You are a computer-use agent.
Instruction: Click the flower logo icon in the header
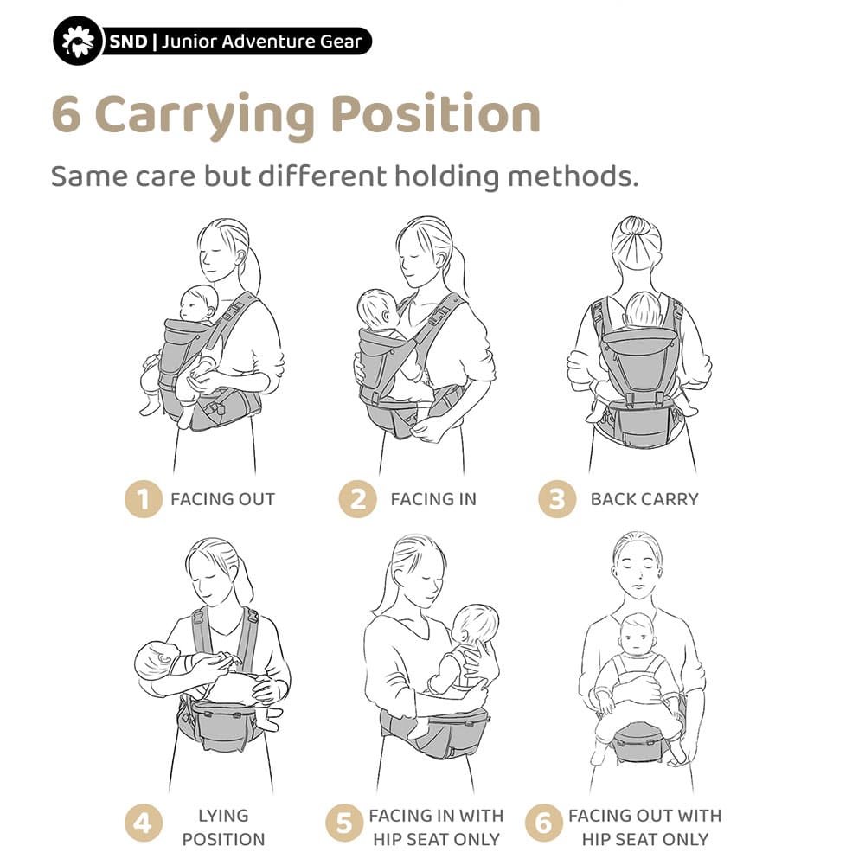coord(79,42)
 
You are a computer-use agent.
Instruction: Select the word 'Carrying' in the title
coord(205,117)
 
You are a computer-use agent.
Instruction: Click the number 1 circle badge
coord(144,499)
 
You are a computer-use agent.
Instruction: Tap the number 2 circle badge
coord(357,499)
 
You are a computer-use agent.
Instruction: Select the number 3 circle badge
coord(557,499)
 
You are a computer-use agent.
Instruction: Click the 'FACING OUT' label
coord(222,499)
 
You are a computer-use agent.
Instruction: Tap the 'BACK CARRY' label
coord(644,499)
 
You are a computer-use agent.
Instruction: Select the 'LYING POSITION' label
coord(222,827)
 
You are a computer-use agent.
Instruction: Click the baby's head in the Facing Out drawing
coord(198,304)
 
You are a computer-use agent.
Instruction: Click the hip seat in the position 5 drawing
coord(432,736)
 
